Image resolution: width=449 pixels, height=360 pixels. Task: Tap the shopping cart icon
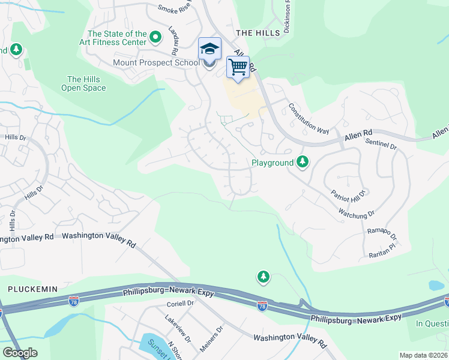238,67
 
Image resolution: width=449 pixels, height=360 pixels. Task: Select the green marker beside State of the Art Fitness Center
155,38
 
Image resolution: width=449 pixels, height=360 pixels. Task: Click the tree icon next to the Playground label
303,162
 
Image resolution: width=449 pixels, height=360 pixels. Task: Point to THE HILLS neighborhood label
258,32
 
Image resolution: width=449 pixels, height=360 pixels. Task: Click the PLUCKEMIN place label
32,289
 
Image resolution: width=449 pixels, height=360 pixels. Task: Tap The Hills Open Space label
83,83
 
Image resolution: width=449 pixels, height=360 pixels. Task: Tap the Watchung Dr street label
356,212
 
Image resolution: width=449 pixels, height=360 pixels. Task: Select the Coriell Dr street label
180,304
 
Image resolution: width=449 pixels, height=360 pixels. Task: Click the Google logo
20,353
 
